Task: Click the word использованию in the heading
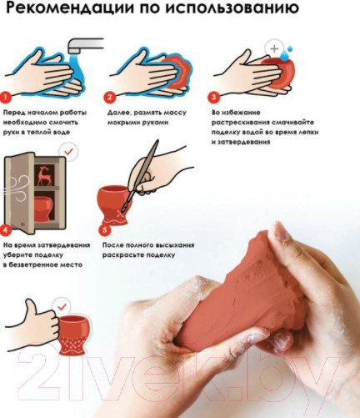tap(232, 8)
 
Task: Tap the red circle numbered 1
tap(6, 98)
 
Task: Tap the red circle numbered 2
tap(110, 98)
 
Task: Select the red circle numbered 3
tap(213, 98)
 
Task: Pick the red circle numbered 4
tap(6, 230)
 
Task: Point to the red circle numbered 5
tap(105, 230)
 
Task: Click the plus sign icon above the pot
tap(274, 48)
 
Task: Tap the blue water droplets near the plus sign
tap(287, 53)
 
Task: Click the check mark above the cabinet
tap(68, 152)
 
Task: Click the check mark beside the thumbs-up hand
tap(62, 307)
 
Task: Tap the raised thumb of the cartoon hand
tap(29, 308)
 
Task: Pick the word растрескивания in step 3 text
tap(240, 123)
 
